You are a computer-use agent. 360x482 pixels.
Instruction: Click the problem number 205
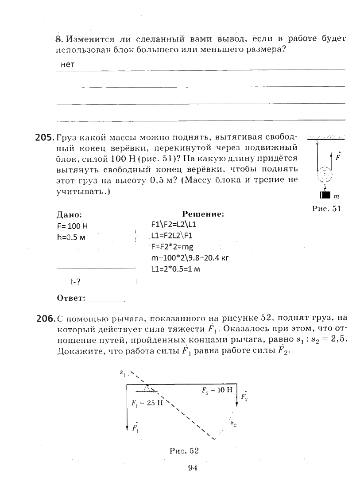pyautogui.click(x=44, y=137)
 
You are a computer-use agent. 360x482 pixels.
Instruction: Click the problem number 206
pyautogui.click(x=44, y=318)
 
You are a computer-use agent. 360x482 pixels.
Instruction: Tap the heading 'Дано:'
pyautogui.click(x=69, y=215)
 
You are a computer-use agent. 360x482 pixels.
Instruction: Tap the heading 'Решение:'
pyautogui.click(x=203, y=214)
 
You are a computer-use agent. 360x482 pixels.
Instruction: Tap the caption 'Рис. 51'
pyautogui.click(x=326, y=209)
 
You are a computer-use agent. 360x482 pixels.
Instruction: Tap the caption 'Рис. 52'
pyautogui.click(x=184, y=451)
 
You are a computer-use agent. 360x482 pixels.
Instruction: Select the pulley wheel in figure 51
pyautogui.click(x=325, y=175)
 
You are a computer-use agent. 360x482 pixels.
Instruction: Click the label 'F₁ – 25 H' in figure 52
pyautogui.click(x=148, y=403)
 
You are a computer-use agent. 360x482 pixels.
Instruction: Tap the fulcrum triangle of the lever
pyautogui.click(x=147, y=388)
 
